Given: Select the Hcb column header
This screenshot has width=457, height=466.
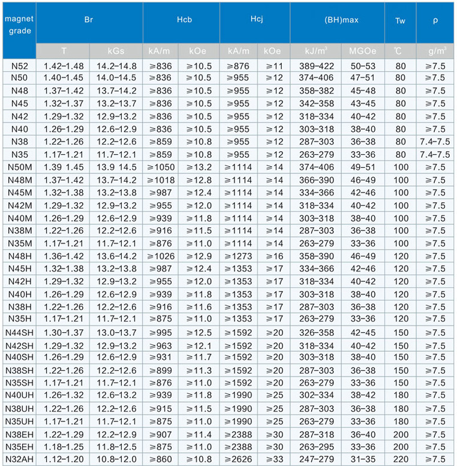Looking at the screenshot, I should [181, 20].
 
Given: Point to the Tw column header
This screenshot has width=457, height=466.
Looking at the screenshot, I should [400, 20].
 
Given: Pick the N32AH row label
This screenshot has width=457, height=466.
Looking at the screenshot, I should [19, 459].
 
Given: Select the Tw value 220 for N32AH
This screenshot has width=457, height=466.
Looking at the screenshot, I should [400, 459].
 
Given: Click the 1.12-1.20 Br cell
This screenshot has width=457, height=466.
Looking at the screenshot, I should [63, 459].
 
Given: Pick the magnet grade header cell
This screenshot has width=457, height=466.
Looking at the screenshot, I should [19, 25].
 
